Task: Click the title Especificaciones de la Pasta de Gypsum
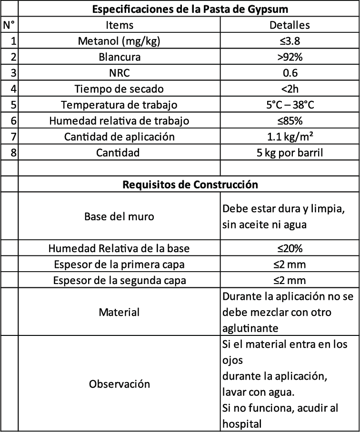point(189,9)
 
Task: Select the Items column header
point(120,25)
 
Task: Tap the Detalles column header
point(290,25)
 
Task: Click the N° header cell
point(9,25)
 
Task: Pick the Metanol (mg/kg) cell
point(120,41)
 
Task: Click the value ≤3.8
point(290,41)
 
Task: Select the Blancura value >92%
point(290,57)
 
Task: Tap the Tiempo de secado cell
point(120,89)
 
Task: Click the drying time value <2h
point(290,89)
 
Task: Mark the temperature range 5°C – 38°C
point(290,105)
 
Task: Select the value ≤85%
point(290,121)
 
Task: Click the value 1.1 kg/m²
point(290,137)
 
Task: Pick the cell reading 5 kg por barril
point(290,153)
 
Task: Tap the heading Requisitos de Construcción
point(189,185)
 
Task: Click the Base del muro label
point(120,216)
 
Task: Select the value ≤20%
point(290,248)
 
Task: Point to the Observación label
point(120,383)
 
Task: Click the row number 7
point(13,137)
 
